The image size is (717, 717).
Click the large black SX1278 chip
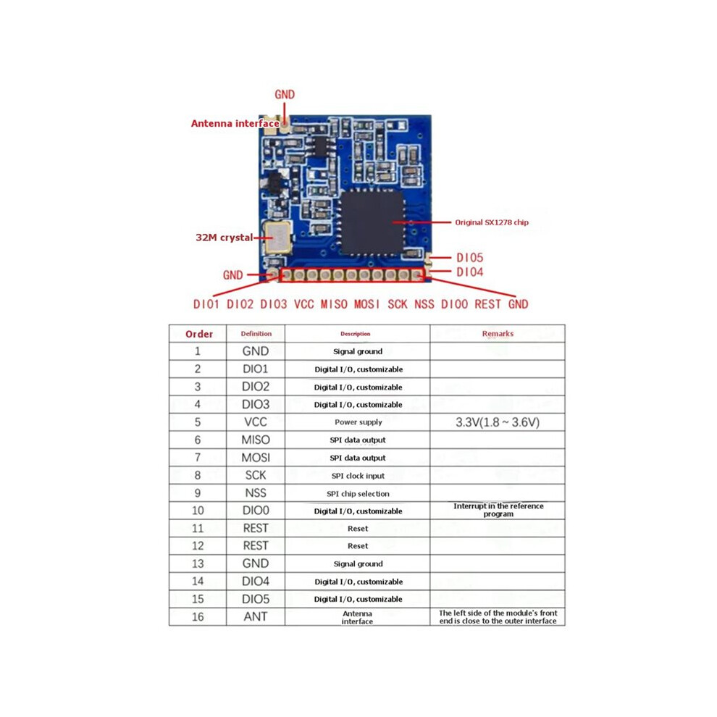(372, 222)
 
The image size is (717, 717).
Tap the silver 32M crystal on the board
(277, 237)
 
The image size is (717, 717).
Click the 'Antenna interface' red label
(235, 123)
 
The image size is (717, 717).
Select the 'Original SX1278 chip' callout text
(492, 222)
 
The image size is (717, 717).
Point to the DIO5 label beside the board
(469, 257)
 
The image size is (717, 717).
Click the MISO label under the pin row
(334, 304)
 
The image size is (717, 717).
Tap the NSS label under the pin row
(424, 304)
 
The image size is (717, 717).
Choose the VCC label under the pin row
(304, 304)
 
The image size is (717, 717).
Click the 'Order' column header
(199, 334)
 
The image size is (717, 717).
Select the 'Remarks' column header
(498, 333)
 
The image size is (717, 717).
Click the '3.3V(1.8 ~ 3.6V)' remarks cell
(498, 422)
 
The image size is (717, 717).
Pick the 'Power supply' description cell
(358, 422)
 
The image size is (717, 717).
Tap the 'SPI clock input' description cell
(358, 476)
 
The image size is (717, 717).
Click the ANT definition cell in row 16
(256, 616)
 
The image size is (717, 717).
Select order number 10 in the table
(198, 511)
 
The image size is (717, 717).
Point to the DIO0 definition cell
(256, 511)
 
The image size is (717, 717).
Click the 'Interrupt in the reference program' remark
(498, 510)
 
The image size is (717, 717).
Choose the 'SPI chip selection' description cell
(358, 493)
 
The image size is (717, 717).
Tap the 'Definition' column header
(256, 333)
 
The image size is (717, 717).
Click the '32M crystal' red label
(224, 238)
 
